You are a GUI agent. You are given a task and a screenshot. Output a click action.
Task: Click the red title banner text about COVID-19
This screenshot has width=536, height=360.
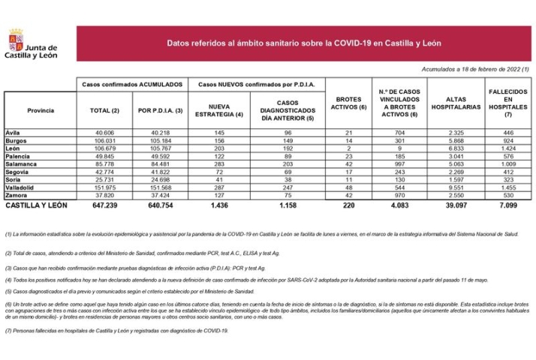point(303,44)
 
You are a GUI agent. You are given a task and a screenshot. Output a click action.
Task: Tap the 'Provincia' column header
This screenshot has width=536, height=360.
point(41,110)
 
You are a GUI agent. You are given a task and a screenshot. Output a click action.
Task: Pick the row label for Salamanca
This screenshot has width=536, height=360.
point(22,163)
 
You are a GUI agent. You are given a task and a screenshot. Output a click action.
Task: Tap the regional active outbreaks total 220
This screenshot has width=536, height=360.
point(347,204)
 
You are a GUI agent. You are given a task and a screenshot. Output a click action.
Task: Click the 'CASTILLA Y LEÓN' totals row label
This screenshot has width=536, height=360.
point(35,204)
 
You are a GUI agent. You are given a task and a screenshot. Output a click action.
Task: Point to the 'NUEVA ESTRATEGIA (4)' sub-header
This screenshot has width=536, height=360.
point(219,110)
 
